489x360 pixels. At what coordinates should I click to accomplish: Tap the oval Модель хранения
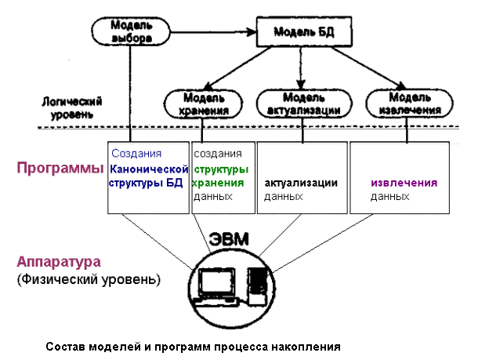point(205,104)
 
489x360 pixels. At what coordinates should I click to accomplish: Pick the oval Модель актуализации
point(299,104)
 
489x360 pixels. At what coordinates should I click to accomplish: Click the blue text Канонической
point(150,169)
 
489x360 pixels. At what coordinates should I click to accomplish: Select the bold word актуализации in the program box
point(301,183)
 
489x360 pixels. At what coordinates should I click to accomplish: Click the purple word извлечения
point(404,183)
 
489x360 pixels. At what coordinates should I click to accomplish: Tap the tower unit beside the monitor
point(256,284)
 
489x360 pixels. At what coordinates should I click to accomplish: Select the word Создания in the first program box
point(136,154)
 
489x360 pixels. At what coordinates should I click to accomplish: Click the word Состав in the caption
point(63,346)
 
